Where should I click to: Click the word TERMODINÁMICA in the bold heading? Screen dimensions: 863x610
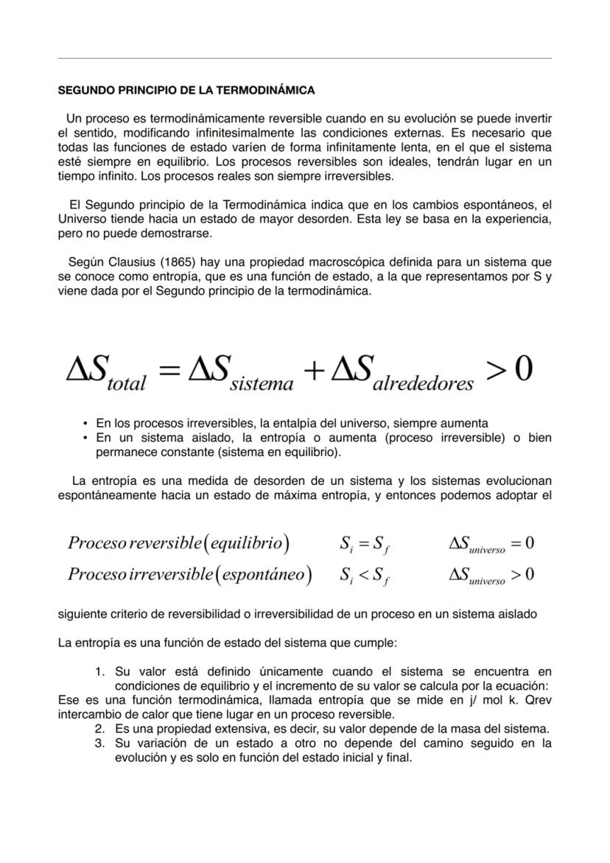pos(270,91)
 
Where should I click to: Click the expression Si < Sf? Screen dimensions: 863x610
pos(365,575)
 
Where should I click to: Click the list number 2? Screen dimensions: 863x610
pos(99,729)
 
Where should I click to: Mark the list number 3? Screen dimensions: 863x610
pos(99,743)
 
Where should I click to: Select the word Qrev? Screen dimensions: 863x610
pos(538,700)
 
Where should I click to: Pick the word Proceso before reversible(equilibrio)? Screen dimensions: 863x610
pos(97,544)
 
